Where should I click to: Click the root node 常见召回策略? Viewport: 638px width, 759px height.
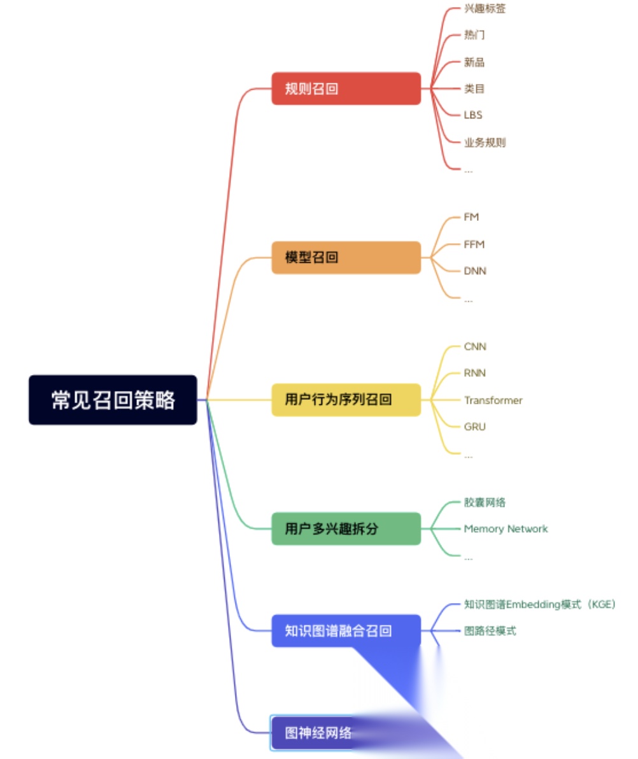point(113,400)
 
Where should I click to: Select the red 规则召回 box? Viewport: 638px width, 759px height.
point(346,89)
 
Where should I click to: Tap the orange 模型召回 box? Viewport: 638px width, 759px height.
point(346,258)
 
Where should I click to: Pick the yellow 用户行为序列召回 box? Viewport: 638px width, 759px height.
point(346,400)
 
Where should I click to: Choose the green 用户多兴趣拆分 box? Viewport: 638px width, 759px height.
point(346,528)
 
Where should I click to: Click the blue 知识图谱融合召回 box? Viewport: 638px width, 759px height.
point(346,631)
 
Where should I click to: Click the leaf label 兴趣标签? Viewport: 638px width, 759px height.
point(485,9)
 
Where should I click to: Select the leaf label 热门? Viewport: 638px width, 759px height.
point(474,35)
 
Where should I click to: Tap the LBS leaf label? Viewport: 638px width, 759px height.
point(473,115)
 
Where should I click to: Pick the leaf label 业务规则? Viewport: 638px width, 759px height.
point(485,143)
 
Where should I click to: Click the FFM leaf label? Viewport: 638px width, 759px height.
point(474,245)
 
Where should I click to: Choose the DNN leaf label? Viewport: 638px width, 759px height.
point(475,271)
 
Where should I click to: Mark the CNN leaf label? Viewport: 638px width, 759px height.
point(475,347)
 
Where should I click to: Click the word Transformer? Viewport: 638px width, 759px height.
point(493,401)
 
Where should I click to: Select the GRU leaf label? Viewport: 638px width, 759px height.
point(474,427)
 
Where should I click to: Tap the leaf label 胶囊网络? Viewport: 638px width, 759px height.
point(485,502)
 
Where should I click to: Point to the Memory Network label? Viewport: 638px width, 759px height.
point(506,529)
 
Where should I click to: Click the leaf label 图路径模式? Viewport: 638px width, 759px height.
point(490,631)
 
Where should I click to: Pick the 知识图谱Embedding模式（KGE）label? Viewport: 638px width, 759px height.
point(540,605)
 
